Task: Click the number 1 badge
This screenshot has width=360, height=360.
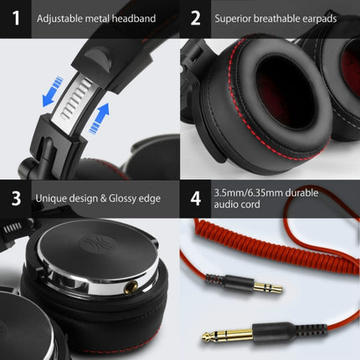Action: pyautogui.click(x=15, y=17)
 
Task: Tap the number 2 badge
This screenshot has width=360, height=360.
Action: pyautogui.click(x=196, y=17)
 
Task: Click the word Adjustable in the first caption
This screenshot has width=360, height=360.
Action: pyautogui.click(x=62, y=18)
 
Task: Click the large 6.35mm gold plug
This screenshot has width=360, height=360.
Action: pyautogui.click(x=235, y=336)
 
